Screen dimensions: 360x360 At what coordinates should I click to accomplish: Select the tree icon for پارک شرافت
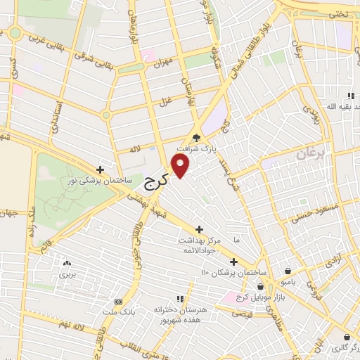pyautogui.click(x=197, y=138)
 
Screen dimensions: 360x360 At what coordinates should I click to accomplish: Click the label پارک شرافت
pyautogui.click(x=214, y=149)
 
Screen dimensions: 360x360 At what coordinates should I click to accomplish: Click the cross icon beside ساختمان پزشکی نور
pyautogui.click(x=101, y=169)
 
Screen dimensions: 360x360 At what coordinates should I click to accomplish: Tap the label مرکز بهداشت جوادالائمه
pyautogui.click(x=199, y=245)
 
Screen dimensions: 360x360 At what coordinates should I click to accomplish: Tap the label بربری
pyautogui.click(x=67, y=273)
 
